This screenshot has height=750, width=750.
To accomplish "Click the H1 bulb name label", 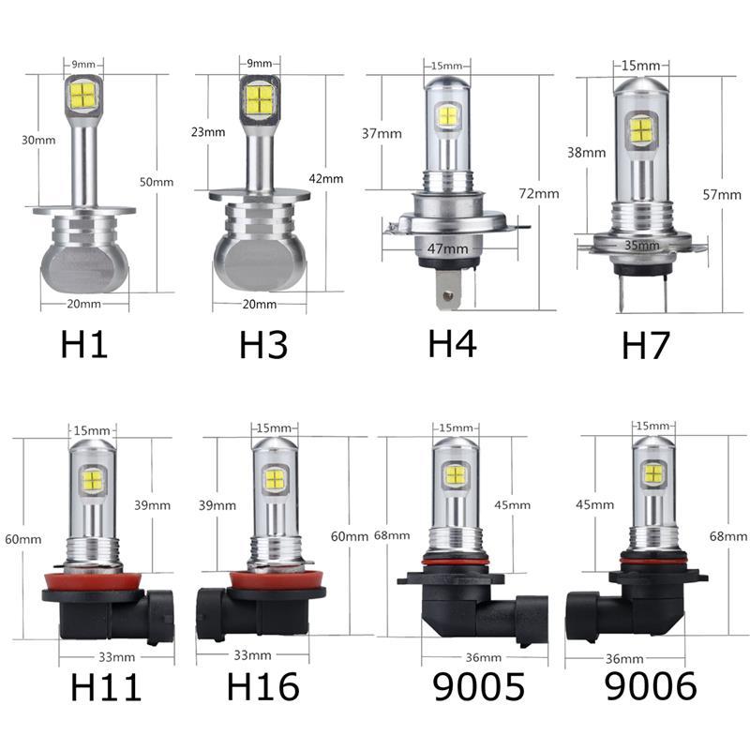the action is click(x=84, y=344).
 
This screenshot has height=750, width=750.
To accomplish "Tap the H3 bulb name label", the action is click(x=263, y=344).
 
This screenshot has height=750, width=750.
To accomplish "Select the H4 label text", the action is click(x=452, y=343).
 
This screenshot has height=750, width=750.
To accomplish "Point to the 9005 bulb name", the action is click(x=479, y=686).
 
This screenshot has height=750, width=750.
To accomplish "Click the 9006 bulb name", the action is click(x=651, y=685).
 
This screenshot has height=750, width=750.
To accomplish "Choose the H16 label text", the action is click(x=263, y=686).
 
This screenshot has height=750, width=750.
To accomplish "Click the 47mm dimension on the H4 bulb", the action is click(x=448, y=248).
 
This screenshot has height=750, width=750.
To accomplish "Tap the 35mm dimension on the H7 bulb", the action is click(x=642, y=246).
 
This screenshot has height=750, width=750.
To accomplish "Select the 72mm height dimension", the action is click(x=539, y=194).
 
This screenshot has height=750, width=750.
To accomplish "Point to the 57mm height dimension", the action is click(x=722, y=195).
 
